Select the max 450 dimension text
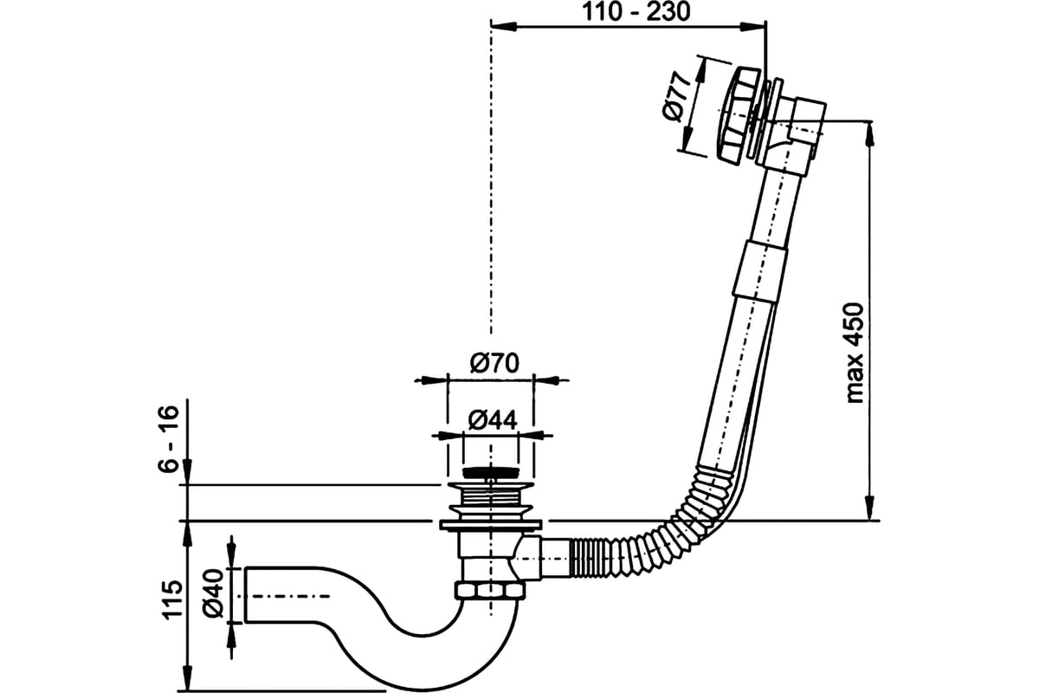coord(856,353)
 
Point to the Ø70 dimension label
coord(494,363)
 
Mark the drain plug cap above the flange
coord(490,473)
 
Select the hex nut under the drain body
coord(490,591)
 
